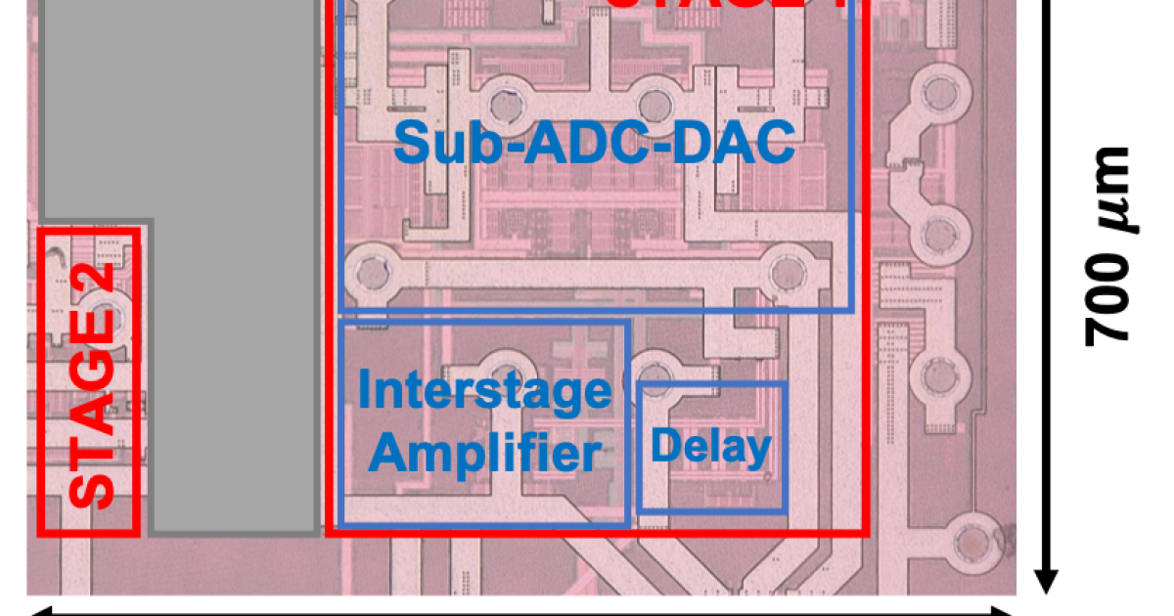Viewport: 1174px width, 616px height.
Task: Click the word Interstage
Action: [484, 391]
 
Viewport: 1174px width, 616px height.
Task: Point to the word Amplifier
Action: [486, 454]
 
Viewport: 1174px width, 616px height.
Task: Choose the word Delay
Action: [711, 447]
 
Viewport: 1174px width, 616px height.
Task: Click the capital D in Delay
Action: [665, 446]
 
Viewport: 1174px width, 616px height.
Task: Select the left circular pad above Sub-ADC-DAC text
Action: [505, 102]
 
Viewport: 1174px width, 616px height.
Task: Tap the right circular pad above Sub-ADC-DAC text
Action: [653, 102]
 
